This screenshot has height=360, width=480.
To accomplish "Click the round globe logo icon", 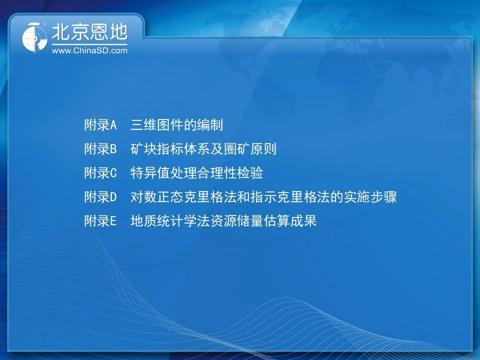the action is click(x=34, y=37).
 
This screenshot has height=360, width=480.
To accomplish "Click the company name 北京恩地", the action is click(x=89, y=32).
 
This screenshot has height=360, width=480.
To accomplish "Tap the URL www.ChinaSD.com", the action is click(x=89, y=50).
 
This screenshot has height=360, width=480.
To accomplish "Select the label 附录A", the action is click(x=100, y=125).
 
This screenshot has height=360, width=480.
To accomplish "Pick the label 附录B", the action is click(x=100, y=149).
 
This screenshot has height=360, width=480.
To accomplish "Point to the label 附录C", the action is click(x=100, y=172).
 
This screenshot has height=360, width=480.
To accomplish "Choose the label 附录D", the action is click(x=100, y=197).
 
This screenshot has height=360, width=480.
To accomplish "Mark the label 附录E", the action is click(x=100, y=220).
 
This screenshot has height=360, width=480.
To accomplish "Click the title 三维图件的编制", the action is click(x=176, y=125).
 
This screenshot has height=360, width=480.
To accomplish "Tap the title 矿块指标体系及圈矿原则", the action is click(x=203, y=149).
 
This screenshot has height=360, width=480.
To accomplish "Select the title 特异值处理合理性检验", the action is click(x=196, y=172).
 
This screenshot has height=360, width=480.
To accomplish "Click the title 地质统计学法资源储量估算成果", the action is click(x=223, y=220).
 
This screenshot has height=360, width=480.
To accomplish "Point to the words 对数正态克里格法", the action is click(x=183, y=197).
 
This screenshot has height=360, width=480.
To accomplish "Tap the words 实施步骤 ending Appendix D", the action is click(x=370, y=197).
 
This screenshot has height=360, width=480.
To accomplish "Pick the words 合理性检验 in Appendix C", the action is click(x=230, y=172).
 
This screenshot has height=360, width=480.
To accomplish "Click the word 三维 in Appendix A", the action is click(x=143, y=125).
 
